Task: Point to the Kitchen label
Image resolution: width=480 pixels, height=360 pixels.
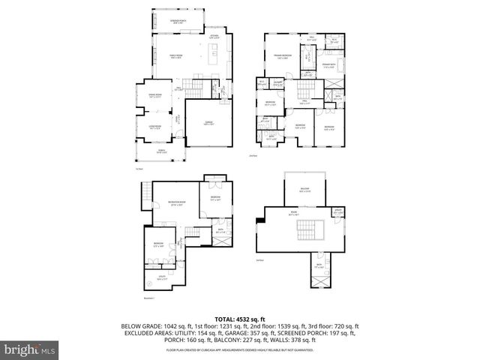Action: (x=214, y=36)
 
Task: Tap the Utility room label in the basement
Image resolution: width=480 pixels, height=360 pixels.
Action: (x=151, y=280)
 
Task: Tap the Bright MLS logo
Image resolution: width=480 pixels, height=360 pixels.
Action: (x=31, y=349)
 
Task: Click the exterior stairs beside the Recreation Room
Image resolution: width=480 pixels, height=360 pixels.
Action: (x=144, y=198)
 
